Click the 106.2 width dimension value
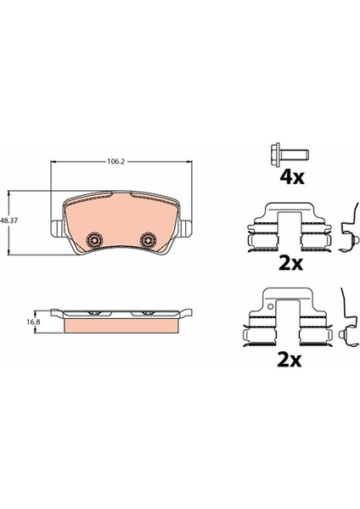pos(116,161)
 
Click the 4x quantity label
pos(292,177)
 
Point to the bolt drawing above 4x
pos(290,155)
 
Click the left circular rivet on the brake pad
pos(94,241)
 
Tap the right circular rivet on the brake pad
pos(148,241)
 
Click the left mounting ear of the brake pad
pos(57,228)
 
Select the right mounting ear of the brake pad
pos(186,228)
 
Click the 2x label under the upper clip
pos(290,264)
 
